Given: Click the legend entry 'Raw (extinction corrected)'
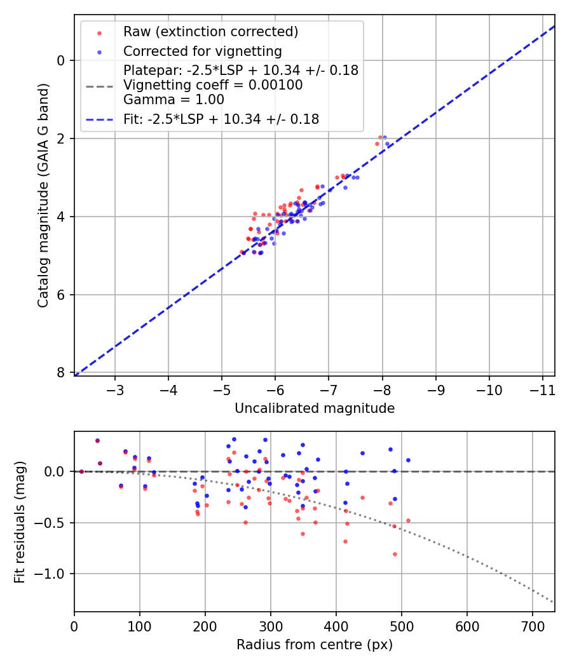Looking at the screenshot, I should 210,32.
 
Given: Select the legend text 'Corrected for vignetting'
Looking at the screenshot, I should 202,51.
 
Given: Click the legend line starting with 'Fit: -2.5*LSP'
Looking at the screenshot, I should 221,119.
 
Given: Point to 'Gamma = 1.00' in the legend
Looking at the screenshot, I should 174,100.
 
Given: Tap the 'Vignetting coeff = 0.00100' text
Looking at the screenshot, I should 213,85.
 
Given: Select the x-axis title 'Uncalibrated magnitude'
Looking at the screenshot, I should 315,408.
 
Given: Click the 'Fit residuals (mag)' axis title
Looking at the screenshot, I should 20,522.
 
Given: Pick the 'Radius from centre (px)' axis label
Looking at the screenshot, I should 315,645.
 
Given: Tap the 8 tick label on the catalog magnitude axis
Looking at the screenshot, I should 62,373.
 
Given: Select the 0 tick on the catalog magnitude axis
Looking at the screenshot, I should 62,60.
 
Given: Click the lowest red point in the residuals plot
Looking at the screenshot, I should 395,554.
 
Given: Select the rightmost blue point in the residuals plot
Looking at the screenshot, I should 408,460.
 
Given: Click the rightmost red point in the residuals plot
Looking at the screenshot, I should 408,520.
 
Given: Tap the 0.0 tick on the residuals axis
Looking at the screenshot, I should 56,471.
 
